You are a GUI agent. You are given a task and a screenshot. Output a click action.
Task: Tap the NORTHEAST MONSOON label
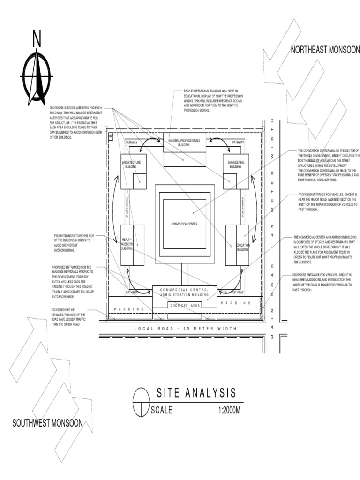[325, 50]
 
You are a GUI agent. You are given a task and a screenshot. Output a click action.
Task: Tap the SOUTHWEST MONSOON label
[47, 423]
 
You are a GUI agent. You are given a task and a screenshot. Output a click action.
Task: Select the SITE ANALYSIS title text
[196, 393]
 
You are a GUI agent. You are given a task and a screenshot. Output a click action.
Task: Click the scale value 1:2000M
[229, 410]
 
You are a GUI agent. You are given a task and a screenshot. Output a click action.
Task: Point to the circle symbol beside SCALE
[141, 402]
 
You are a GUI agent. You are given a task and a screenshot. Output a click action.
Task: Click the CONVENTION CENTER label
[184, 224]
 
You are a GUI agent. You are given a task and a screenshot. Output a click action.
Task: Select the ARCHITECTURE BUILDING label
[131, 165]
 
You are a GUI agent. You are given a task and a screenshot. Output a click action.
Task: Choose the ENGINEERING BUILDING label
[235, 165]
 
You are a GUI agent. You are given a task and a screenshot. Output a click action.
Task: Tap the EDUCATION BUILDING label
[242, 247]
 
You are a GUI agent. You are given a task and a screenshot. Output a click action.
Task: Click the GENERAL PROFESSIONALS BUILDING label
[184, 143]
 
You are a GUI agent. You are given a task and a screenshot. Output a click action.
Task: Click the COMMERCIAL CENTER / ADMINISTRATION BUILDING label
[184, 292]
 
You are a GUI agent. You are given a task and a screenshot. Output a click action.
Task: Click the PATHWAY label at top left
[131, 142]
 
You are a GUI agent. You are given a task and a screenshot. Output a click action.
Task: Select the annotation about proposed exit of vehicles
[68, 317]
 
